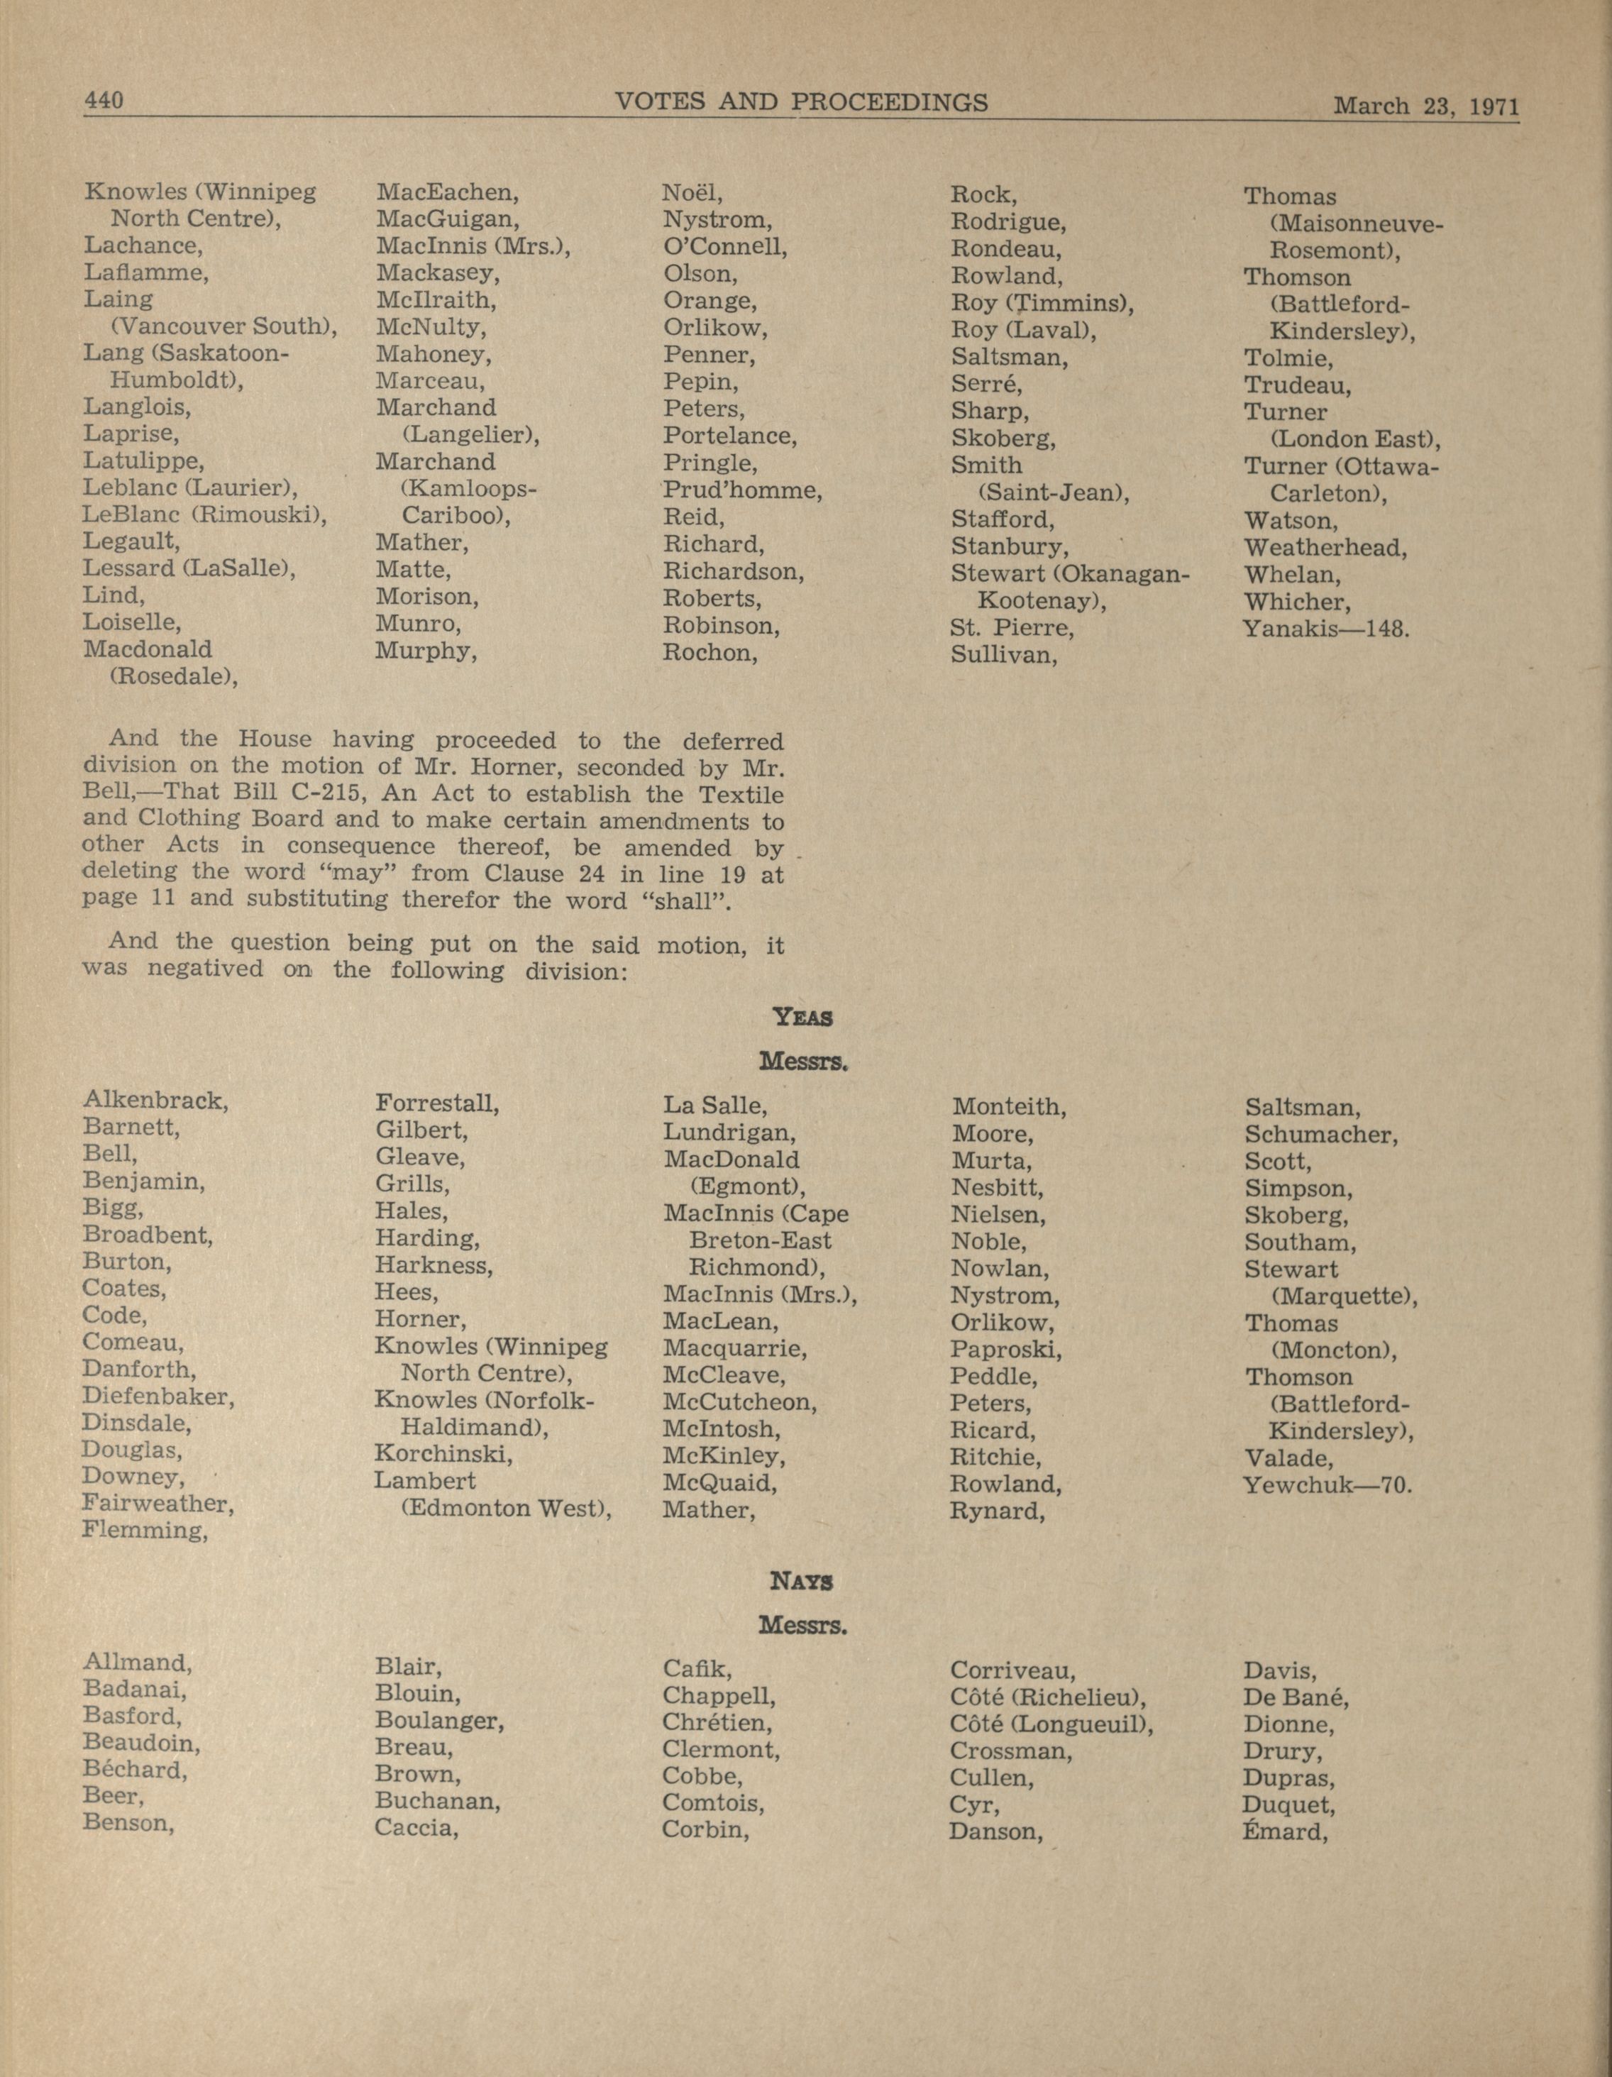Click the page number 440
[104, 100]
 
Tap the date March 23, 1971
[1425, 106]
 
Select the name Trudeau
[1297, 386]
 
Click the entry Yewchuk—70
[1327, 1484]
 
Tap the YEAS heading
[804, 1017]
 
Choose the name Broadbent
[148, 1235]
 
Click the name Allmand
[137, 1663]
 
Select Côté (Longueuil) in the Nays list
[1051, 1724]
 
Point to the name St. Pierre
[1012, 629]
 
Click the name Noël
[692, 193]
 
